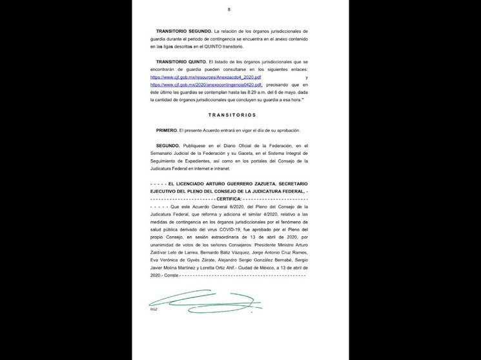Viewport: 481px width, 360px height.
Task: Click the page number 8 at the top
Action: pos(229,10)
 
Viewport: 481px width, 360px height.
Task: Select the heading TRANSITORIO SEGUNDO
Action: pos(184,31)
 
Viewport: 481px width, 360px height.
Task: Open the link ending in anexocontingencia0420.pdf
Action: pos(206,85)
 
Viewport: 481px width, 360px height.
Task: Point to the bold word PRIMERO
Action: pos(167,130)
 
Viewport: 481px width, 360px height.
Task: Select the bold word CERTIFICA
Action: pos(227,199)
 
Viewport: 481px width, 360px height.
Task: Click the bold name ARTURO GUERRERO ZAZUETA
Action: pos(224,184)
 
